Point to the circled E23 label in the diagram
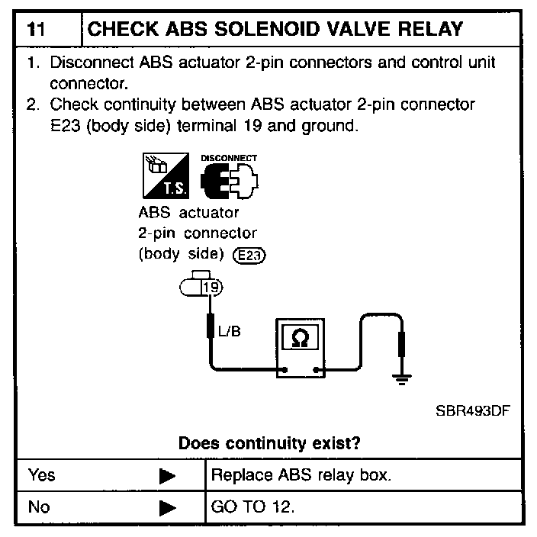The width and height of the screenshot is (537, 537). point(250,256)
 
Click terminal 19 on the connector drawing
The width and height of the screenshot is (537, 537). point(211,288)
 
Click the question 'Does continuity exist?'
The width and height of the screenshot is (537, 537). point(269,442)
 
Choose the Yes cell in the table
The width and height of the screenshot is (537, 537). point(42,475)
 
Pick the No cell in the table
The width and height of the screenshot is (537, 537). point(39,506)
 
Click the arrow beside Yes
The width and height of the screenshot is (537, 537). point(167,476)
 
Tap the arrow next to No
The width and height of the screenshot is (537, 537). point(167,506)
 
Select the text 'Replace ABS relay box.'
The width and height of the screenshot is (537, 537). point(301,475)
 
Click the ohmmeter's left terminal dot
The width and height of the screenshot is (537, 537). point(283,372)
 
